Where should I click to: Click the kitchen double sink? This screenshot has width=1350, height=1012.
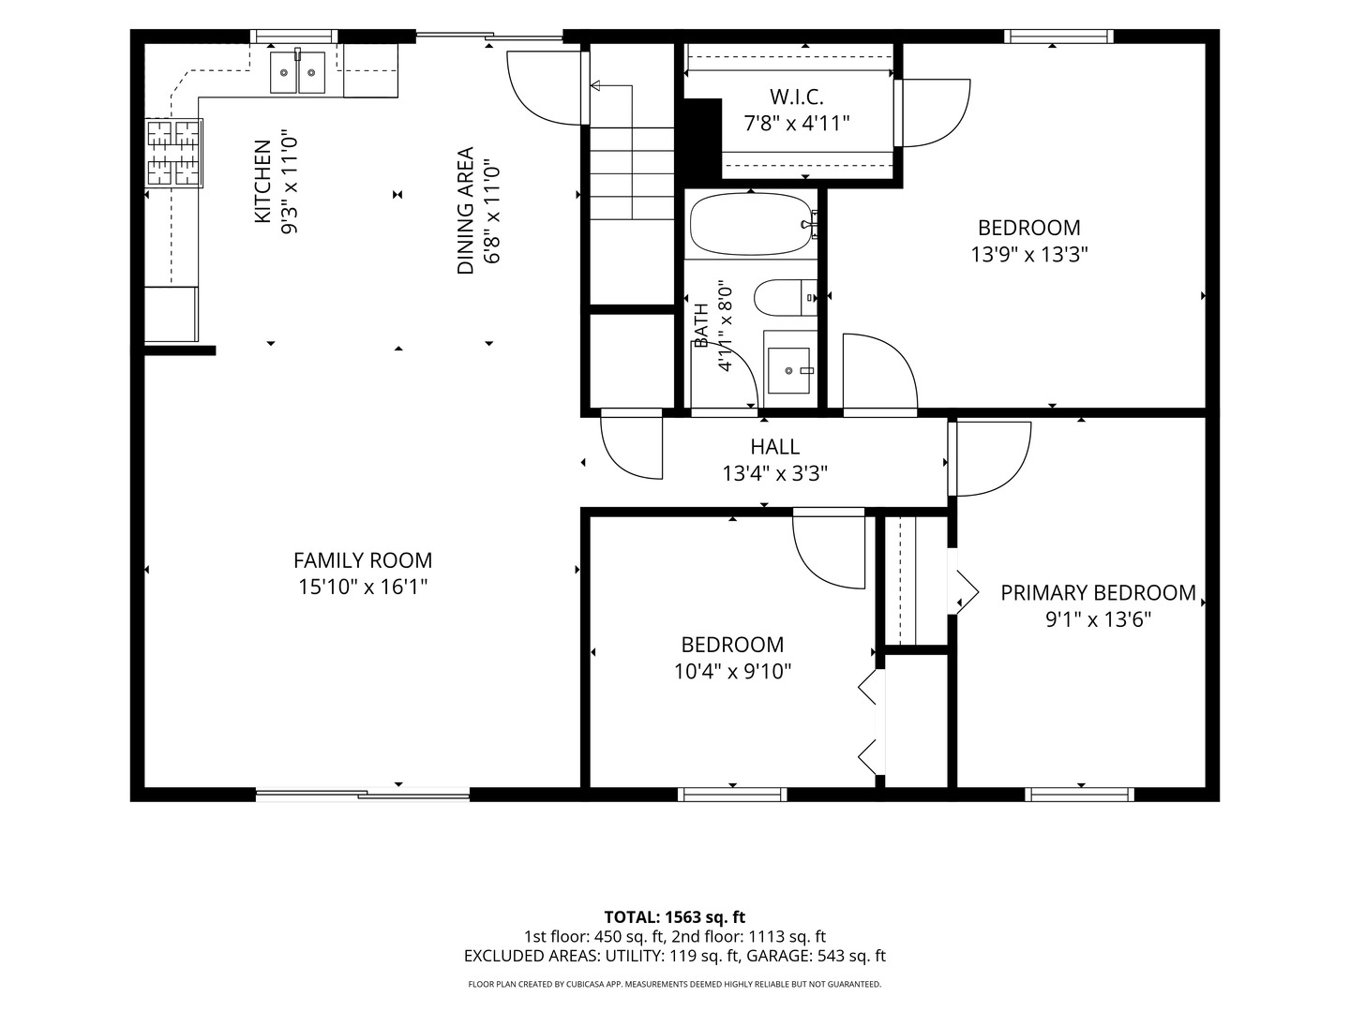[x=298, y=72]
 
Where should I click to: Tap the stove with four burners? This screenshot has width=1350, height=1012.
[x=174, y=153]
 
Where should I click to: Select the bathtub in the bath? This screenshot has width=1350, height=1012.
[x=751, y=225]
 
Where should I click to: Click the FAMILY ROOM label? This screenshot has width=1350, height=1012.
[x=363, y=560]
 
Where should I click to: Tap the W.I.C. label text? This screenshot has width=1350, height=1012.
[x=797, y=97]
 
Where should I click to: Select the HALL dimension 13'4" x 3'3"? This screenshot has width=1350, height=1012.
[x=775, y=473]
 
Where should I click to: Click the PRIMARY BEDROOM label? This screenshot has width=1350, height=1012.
[x=1098, y=593]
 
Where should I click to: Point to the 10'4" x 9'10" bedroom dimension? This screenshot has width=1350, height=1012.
[x=732, y=672]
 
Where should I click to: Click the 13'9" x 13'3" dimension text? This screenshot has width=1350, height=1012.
[x=1029, y=254]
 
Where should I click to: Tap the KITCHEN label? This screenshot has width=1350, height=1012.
[x=262, y=181]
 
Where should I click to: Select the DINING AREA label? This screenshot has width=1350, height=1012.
[x=466, y=210]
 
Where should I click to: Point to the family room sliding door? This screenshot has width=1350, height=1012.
[x=363, y=796]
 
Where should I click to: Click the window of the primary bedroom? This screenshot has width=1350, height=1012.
[x=1080, y=795]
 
